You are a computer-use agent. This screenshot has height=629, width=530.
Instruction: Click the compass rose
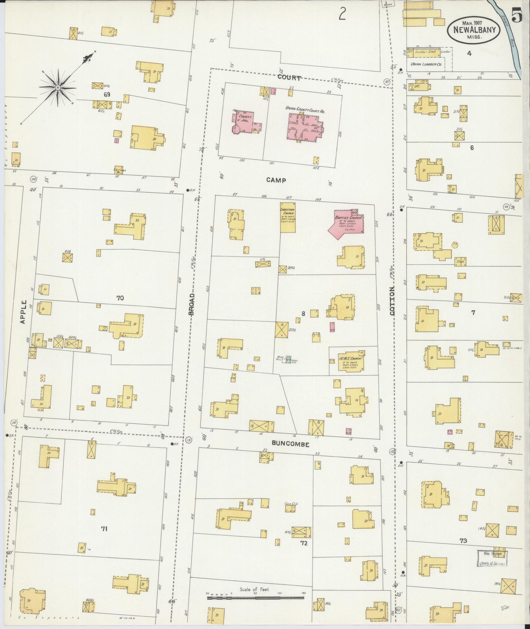point(58,87)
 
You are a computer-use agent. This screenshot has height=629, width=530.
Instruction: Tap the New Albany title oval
point(473,29)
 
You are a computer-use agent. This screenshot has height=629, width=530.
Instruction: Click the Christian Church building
point(288,217)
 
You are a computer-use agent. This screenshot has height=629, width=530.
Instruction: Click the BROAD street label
point(192,304)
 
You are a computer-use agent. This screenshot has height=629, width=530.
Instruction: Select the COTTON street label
point(392,301)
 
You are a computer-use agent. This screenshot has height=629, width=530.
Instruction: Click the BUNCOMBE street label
point(290,444)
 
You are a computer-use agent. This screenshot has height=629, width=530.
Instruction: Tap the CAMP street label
point(276,180)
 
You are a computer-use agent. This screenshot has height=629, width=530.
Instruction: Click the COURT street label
point(289,78)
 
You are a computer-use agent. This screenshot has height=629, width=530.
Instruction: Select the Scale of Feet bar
point(256,597)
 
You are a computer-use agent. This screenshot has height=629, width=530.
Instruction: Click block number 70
point(120,298)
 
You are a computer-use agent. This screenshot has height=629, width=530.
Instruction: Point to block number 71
point(104,529)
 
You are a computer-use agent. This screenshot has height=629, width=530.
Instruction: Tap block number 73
point(463,540)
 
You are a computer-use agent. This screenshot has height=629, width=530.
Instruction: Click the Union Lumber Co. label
point(426,64)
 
